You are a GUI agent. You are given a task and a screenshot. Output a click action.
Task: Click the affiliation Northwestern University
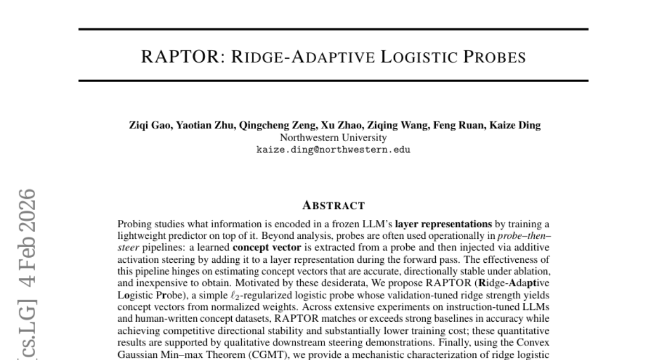click(x=333, y=138)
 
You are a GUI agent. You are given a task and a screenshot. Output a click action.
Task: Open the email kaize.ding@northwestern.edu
click(x=333, y=149)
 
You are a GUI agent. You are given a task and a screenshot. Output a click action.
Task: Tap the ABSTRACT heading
click(x=333, y=206)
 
